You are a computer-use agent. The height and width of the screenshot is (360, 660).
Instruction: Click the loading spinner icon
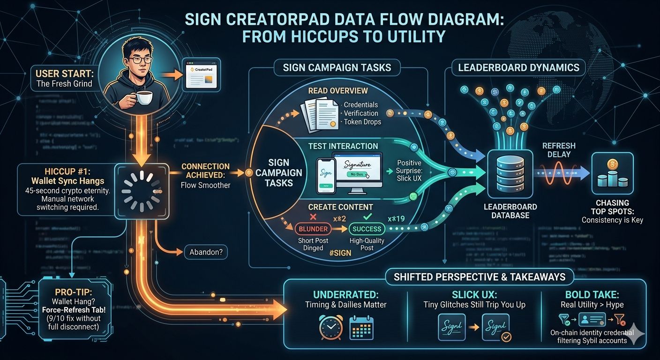142,191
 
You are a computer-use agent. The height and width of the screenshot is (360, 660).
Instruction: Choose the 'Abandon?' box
206,252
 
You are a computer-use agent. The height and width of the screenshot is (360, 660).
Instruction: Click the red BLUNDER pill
313,229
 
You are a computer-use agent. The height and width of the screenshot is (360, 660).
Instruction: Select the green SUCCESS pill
367,229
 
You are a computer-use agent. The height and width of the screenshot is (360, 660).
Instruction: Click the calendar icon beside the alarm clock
361,327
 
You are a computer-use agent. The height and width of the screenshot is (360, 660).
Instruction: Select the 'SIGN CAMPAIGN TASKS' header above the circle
337,67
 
